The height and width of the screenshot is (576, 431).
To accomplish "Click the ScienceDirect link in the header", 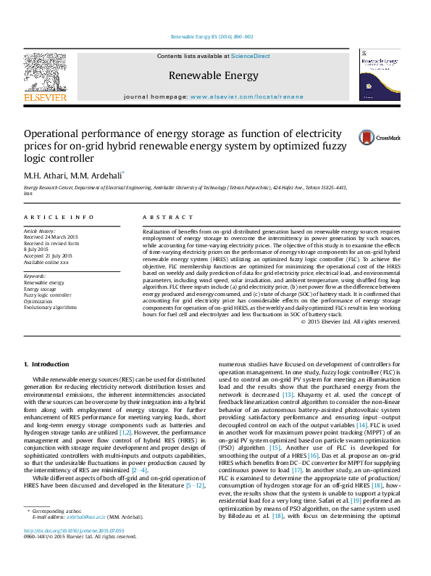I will coord(250,56).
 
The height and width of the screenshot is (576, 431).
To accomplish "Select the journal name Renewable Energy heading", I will coord(213,75).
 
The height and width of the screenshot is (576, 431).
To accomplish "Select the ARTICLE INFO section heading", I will coord(59,217).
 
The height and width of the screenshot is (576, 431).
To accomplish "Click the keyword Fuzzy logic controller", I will coord(48,295).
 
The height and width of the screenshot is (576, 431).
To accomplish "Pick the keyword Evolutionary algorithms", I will coord(50,307).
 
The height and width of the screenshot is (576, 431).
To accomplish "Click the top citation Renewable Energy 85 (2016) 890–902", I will coord(212,36).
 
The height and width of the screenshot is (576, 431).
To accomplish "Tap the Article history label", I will coord(40,231).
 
